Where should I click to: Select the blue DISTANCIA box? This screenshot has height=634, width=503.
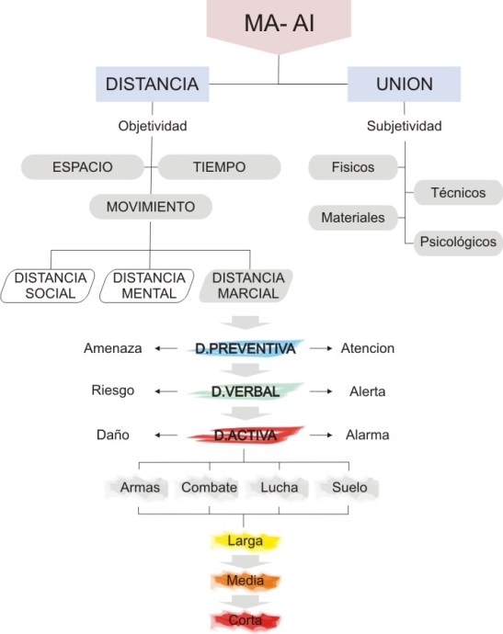(153, 85)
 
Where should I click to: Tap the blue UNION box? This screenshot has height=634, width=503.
(403, 85)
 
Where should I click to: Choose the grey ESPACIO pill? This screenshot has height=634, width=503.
(83, 167)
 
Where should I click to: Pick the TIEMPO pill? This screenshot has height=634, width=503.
(219, 167)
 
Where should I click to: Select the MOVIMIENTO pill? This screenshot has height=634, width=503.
(150, 206)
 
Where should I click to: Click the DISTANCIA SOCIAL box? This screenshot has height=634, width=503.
(51, 286)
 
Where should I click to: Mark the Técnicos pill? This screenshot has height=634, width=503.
(457, 192)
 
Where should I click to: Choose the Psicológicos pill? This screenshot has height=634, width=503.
(457, 243)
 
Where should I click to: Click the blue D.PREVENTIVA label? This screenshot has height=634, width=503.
(246, 349)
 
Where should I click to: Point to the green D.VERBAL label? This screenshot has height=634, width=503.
(246, 391)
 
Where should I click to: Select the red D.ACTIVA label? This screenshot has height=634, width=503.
(246, 435)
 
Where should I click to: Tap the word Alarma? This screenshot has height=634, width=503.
(367, 435)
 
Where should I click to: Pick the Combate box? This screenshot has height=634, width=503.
(209, 487)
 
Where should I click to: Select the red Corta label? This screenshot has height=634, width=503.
(246, 619)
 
